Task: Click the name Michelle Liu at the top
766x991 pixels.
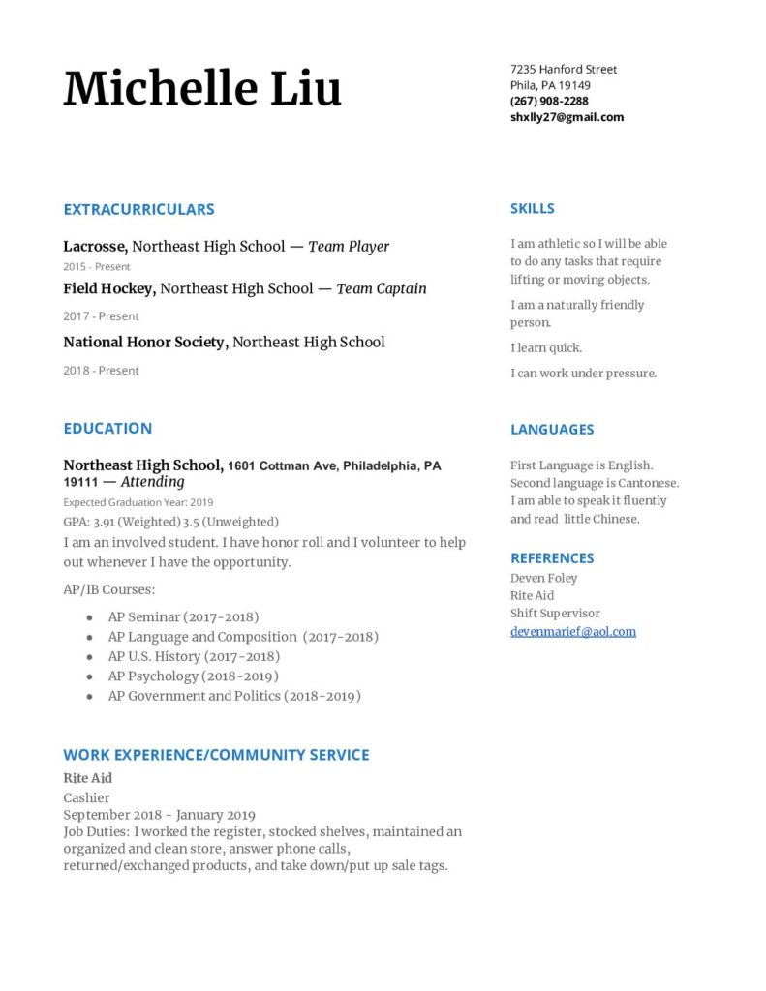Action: pyautogui.click(x=202, y=88)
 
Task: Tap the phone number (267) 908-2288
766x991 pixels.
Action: pyautogui.click(x=549, y=101)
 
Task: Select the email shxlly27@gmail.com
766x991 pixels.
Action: pyautogui.click(x=567, y=117)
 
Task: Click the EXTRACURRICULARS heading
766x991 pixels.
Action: pyautogui.click(x=138, y=209)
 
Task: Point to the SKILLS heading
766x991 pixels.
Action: pyautogui.click(x=532, y=208)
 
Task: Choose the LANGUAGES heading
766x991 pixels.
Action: pyautogui.click(x=552, y=429)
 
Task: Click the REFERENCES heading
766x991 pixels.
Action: pyautogui.click(x=552, y=557)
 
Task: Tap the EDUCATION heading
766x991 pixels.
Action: pyautogui.click(x=107, y=428)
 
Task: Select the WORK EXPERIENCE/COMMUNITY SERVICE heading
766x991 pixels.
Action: pyautogui.click(x=216, y=754)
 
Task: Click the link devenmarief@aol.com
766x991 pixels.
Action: pyautogui.click(x=573, y=631)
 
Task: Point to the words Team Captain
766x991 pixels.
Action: pyautogui.click(x=382, y=288)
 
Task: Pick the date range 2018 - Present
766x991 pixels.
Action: pyautogui.click(x=101, y=370)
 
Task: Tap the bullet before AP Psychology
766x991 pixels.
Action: pyautogui.click(x=90, y=676)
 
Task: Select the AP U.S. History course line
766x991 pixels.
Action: pyautogui.click(x=194, y=656)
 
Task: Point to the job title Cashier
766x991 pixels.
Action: pyautogui.click(x=86, y=797)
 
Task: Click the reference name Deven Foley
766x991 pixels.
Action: pyautogui.click(x=543, y=578)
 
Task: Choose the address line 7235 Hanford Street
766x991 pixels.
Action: pyautogui.click(x=564, y=69)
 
